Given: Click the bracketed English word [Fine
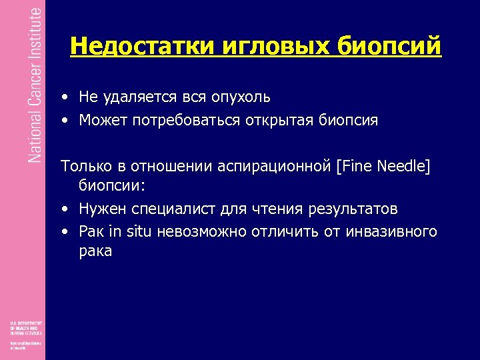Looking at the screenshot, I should [357, 166].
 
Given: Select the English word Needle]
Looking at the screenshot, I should [405, 166].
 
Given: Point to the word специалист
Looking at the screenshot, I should [165, 209].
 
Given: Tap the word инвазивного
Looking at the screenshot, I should [391, 231].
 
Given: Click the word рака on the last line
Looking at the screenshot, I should [95, 251].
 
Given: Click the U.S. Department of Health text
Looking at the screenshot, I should [25, 327].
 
